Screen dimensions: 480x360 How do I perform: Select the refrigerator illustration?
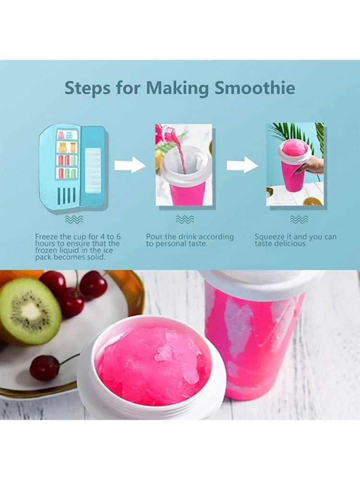pos(72,167)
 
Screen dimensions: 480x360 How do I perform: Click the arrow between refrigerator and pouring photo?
pos(130,166)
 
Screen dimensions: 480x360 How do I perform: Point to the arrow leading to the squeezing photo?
pos(242,166)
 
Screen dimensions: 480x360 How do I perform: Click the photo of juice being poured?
pos(184,165)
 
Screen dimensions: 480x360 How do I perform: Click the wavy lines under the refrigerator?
pos(73,219)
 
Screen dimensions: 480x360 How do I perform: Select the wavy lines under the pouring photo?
pos(184,219)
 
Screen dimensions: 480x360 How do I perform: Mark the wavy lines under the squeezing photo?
pos(299,219)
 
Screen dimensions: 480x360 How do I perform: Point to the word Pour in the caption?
pos(155,237)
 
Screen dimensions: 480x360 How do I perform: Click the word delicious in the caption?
pos(290,243)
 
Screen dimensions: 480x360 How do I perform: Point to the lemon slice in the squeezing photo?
pos(312,201)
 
